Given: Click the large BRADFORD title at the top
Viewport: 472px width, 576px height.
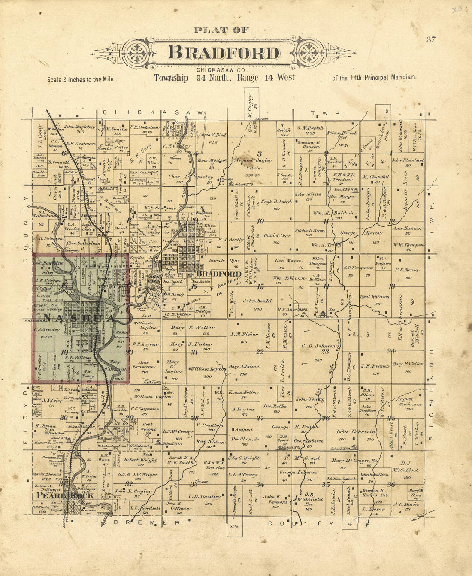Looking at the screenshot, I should click(x=224, y=53).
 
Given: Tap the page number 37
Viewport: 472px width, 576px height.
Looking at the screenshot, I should click(x=431, y=40).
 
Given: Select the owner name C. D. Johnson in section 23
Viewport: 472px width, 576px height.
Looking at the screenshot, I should click(x=318, y=346).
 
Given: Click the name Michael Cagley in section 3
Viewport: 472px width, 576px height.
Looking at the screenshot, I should click(x=253, y=160).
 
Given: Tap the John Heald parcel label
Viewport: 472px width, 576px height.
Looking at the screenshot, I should click(x=257, y=301).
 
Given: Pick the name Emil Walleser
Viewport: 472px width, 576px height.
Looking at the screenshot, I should click(x=375, y=296).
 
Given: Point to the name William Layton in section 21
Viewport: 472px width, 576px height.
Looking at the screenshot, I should click(x=208, y=369).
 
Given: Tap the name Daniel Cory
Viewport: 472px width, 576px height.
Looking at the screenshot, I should click(x=277, y=235).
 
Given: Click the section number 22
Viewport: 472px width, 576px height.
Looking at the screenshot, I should click(x=260, y=352).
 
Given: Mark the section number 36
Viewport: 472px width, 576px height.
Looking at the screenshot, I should click(x=391, y=484).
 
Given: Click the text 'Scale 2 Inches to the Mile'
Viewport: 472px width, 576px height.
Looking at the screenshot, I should click(x=74, y=79).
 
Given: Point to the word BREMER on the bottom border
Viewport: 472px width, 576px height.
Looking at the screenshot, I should click(x=145, y=522).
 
